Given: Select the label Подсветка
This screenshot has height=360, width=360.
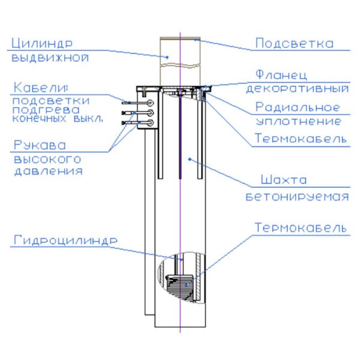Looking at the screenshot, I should click(x=294, y=43).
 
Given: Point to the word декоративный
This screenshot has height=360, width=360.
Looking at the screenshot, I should click(x=298, y=89).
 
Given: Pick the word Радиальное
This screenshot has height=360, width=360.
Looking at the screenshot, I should click(x=298, y=108).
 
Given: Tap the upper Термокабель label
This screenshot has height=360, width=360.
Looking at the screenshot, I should click(x=301, y=139).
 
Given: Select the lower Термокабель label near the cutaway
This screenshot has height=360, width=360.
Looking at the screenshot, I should click(x=301, y=228).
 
